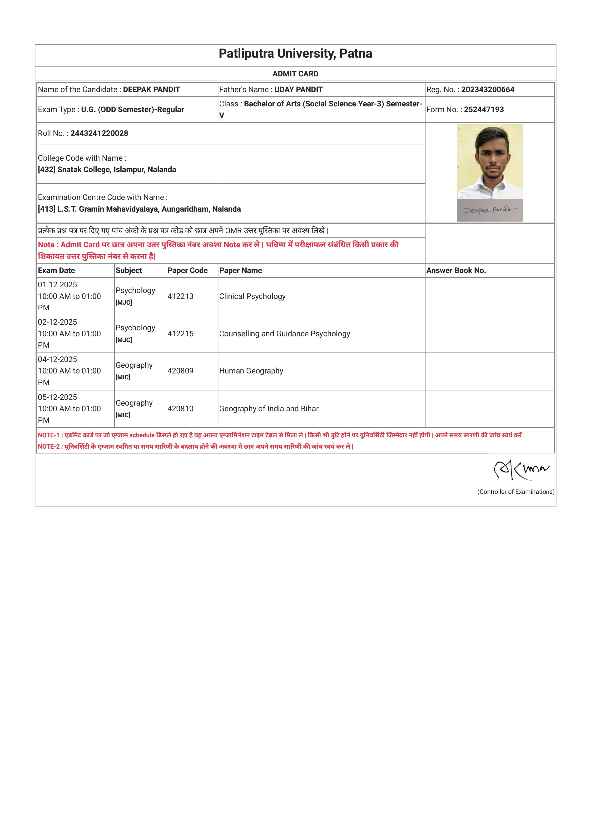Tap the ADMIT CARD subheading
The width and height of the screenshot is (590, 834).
[295, 74]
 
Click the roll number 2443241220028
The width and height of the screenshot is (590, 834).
[99, 133]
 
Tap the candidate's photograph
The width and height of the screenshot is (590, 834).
[489, 162]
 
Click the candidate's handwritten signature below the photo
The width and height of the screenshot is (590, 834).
[489, 210]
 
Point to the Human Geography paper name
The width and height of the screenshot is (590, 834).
[251, 371]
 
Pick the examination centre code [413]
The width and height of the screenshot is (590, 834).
[46, 209]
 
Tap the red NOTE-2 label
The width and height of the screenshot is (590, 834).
[49, 447]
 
